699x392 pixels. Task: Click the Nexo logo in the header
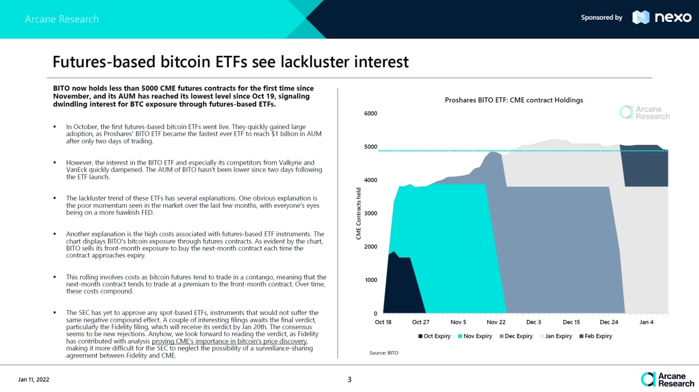pos(662,17)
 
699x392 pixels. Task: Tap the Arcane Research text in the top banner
pos(62,19)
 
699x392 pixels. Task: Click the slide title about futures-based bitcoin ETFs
pos(230,62)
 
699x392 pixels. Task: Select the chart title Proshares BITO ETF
pos(514,100)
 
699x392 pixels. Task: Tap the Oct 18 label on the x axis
pos(383,323)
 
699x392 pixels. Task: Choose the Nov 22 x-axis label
pos(496,323)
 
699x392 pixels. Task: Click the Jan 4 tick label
pos(647,323)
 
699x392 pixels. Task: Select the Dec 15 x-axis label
pos(571,323)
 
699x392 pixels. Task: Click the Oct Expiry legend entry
pos(434,336)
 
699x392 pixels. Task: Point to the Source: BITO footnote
pos(384,353)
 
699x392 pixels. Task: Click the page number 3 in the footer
pos(349,379)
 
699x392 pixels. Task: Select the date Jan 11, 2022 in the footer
pos(34,379)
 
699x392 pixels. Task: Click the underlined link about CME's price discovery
pos(230,342)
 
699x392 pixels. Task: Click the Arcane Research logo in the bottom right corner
pos(667,379)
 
